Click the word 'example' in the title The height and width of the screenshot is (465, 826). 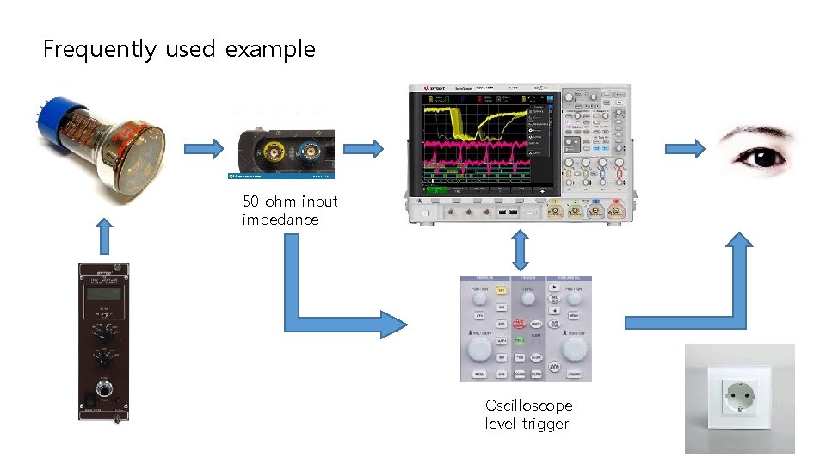pos(270,50)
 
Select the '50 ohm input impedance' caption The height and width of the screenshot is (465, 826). pos(289,210)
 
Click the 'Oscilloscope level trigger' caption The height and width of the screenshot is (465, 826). pos(528,414)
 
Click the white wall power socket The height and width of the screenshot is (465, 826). pos(739,397)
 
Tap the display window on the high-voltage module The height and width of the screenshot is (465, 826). pos(102,294)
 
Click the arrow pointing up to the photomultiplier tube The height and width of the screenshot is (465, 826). pos(102,236)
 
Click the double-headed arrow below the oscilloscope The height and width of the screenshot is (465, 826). pos(519,250)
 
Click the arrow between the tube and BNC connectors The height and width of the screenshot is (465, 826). pos(204,149)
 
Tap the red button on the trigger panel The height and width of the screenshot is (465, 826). pos(521,324)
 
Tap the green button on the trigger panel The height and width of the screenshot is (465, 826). pos(520,340)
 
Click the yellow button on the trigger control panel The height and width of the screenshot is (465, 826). pos(501,291)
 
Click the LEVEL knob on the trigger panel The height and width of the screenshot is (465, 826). pos(527,298)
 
